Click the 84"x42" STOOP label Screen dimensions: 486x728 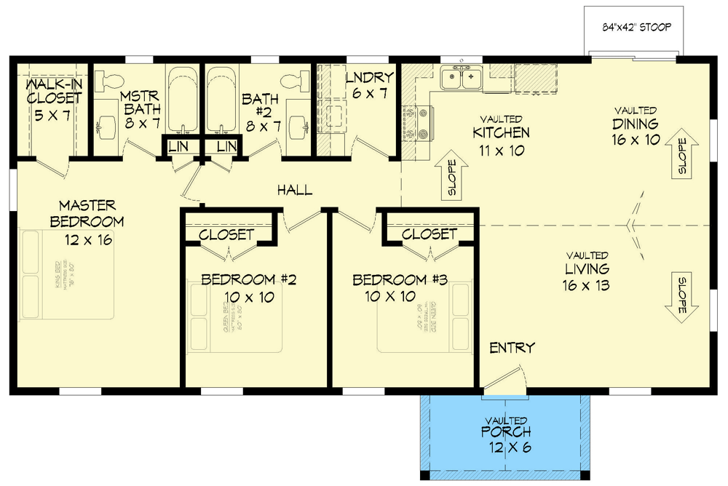click(636, 28)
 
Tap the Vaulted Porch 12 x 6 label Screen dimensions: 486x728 click(507, 434)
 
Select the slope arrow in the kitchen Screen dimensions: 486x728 click(451, 178)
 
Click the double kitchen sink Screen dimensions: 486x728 click(462, 76)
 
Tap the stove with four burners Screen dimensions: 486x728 click(422, 123)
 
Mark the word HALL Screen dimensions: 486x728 click(295, 191)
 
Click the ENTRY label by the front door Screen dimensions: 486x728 click(512, 348)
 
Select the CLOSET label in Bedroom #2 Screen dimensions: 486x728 click(226, 235)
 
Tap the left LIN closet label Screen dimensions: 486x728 click(177, 146)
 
